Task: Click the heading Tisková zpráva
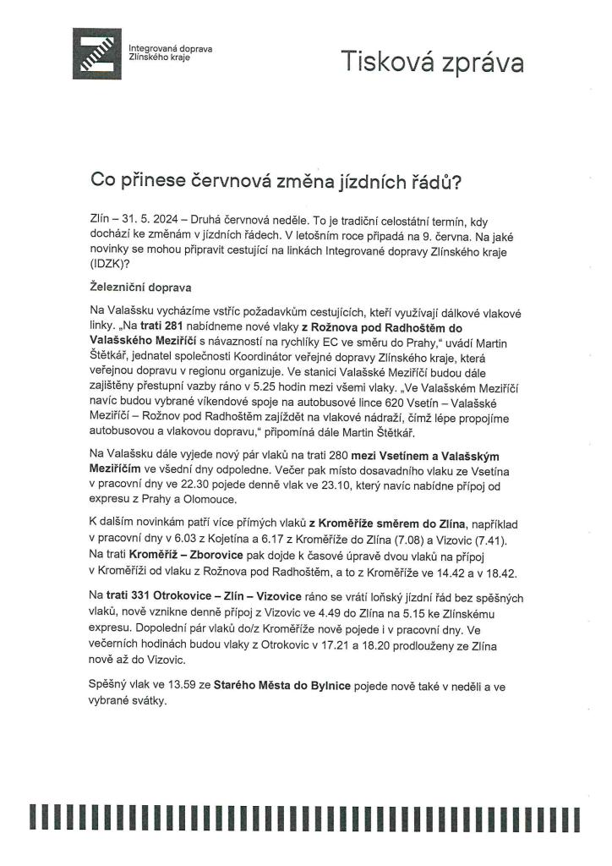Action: pos(431,61)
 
